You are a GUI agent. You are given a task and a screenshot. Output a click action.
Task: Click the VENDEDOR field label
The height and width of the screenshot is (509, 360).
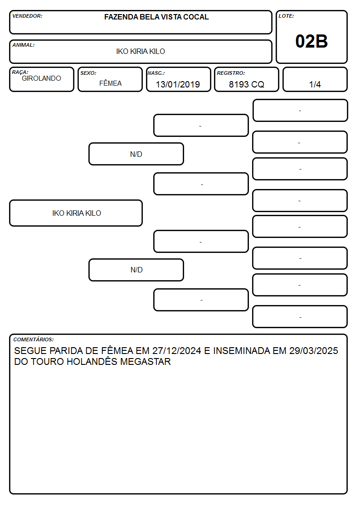27,16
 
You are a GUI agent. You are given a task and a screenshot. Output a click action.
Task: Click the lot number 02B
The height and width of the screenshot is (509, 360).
311,41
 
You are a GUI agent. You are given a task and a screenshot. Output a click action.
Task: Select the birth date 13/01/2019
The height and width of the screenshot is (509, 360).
178,84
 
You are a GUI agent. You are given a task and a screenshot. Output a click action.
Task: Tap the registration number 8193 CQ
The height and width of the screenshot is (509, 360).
246,84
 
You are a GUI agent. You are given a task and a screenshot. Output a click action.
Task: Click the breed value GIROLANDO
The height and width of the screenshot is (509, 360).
41,78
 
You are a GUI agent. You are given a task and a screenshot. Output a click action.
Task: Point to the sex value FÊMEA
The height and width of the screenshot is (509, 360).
110,83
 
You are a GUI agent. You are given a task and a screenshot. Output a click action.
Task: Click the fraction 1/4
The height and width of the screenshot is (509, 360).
315,84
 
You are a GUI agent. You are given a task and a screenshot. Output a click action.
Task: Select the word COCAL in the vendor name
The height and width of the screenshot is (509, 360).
196,17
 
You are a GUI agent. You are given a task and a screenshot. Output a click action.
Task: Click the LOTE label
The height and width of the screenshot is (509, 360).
286,16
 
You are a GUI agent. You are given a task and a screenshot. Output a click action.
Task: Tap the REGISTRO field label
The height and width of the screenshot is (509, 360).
231,73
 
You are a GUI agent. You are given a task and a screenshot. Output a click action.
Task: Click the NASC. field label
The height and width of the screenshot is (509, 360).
156,73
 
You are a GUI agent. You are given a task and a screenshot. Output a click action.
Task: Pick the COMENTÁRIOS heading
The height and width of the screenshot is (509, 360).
34,339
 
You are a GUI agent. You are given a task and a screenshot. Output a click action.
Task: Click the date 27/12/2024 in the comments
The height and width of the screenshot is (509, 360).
176,350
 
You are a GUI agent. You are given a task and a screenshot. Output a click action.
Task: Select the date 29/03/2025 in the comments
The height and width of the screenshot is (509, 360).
314,350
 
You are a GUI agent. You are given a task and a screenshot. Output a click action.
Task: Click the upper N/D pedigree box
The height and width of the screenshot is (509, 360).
136,154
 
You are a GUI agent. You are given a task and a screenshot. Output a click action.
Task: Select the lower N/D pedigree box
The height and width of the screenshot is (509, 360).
136,270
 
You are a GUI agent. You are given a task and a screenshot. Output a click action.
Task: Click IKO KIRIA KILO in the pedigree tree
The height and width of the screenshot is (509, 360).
77,213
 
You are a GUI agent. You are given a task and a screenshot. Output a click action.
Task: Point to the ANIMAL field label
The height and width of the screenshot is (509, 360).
24,45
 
